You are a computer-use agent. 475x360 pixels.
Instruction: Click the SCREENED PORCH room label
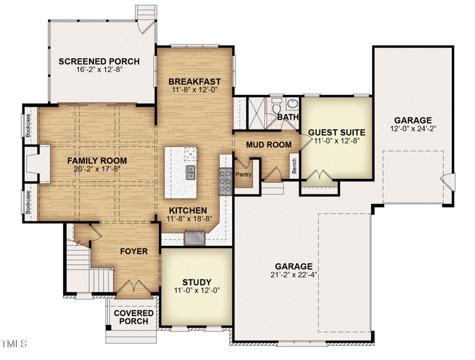click(99, 61)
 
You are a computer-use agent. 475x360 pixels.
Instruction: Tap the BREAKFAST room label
click(195, 81)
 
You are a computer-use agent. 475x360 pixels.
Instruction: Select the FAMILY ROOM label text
click(97, 160)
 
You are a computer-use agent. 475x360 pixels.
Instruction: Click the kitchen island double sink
click(191, 172)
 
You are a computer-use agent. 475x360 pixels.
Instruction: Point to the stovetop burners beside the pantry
click(226, 181)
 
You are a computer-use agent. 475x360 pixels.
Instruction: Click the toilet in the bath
click(277, 108)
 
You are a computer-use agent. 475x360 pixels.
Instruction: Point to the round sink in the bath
click(292, 105)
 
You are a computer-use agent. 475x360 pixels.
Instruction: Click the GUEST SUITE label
click(336, 132)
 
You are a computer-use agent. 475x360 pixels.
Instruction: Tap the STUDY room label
click(197, 282)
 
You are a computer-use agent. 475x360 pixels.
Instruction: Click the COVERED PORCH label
click(134, 317)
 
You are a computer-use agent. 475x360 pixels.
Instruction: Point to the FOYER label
click(134, 251)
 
